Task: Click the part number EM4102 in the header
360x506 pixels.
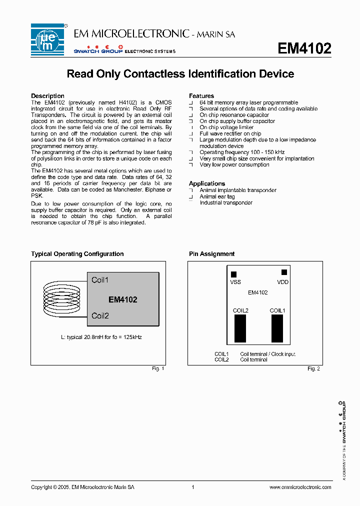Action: click(x=304, y=48)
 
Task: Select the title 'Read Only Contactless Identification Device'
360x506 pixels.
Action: click(x=180, y=74)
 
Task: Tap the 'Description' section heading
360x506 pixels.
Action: click(x=47, y=96)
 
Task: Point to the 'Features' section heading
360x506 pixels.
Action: click(x=201, y=96)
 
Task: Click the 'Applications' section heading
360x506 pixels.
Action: click(x=207, y=183)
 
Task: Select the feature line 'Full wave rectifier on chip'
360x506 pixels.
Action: click(x=230, y=133)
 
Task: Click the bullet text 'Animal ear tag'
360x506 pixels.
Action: click(x=217, y=196)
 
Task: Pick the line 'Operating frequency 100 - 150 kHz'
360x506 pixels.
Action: click(x=242, y=152)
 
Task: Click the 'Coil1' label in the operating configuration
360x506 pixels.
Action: click(x=100, y=280)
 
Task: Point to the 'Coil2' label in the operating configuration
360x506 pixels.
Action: click(x=100, y=316)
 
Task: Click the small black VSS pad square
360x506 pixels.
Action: click(x=233, y=274)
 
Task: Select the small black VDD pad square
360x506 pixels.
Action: click(x=284, y=272)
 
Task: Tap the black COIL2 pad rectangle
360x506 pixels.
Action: click(x=240, y=328)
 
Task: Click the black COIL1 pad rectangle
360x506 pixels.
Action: click(x=277, y=328)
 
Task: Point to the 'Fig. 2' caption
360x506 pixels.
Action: click(x=313, y=368)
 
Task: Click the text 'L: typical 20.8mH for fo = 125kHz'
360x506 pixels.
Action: click(x=101, y=337)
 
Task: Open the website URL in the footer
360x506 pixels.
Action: click(x=300, y=487)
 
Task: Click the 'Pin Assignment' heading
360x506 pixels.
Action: click(x=211, y=254)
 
